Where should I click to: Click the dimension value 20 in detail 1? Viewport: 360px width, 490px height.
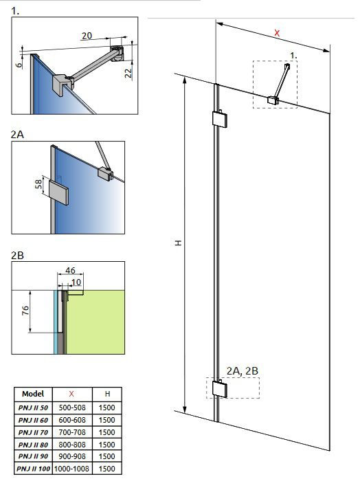tap(87, 36)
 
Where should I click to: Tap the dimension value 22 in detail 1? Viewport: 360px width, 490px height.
tap(128, 74)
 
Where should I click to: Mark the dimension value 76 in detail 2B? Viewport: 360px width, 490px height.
tap(25, 309)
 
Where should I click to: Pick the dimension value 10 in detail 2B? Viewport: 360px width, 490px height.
tap(75, 282)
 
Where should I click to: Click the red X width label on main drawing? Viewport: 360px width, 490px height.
tap(277, 32)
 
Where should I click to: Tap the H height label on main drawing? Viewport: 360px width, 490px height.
tap(177, 244)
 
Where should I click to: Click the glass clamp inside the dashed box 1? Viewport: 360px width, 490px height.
tap(274, 100)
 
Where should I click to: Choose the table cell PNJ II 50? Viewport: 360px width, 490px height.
tap(33, 408)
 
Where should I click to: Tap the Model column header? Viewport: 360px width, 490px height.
tap(33, 394)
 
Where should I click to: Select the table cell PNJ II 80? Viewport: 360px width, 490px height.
tap(33, 444)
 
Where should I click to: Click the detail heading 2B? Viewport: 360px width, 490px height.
tap(18, 255)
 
